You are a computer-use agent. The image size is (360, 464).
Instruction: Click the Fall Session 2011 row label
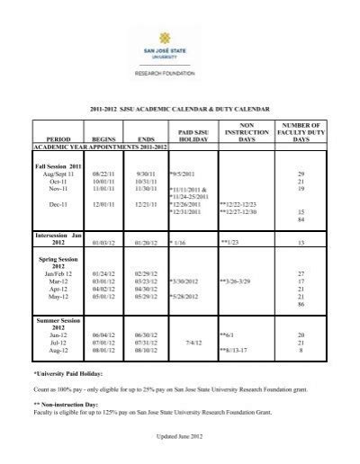click(58, 166)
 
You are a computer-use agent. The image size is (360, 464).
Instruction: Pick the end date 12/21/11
click(147, 205)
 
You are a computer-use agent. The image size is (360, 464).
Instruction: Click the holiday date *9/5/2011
click(182, 174)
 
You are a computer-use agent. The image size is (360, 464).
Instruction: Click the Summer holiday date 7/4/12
click(191, 342)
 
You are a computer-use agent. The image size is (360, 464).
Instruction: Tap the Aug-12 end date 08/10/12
click(145, 350)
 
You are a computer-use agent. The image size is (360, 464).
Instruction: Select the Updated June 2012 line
click(180, 438)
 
